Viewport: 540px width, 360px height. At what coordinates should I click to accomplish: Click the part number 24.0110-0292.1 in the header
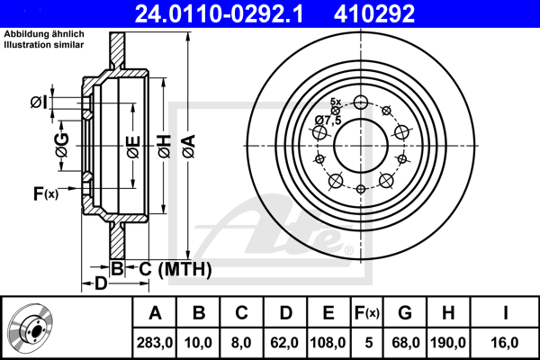(219, 13)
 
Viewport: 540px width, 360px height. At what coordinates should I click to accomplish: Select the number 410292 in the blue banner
(374, 13)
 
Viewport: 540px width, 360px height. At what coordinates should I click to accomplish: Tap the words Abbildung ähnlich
(44, 34)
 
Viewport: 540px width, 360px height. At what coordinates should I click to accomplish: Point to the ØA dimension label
(189, 146)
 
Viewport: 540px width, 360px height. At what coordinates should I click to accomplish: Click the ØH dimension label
(165, 146)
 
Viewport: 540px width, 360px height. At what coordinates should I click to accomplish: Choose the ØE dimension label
(133, 147)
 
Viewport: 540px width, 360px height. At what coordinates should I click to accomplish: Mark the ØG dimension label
(62, 145)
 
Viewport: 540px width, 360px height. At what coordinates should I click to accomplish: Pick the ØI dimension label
(38, 103)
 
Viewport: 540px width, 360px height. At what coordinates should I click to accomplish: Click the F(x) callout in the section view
(46, 193)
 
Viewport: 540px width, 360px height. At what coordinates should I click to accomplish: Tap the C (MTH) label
(175, 269)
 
